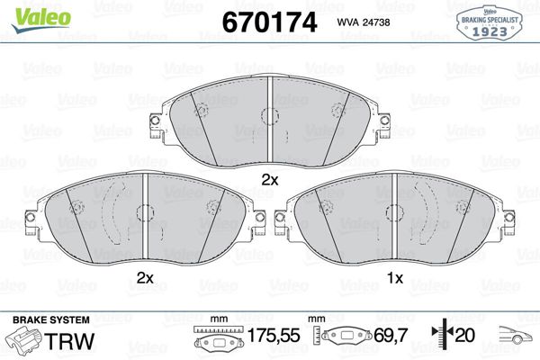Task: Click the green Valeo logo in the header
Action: point(41,20)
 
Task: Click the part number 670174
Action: point(269,22)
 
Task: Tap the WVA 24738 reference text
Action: point(364,22)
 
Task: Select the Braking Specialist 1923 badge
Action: point(490,23)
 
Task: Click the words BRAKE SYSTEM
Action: point(51,319)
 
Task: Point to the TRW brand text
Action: point(69,341)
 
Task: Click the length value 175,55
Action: point(274,335)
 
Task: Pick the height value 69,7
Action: point(391,335)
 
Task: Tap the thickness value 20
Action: point(465,335)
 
